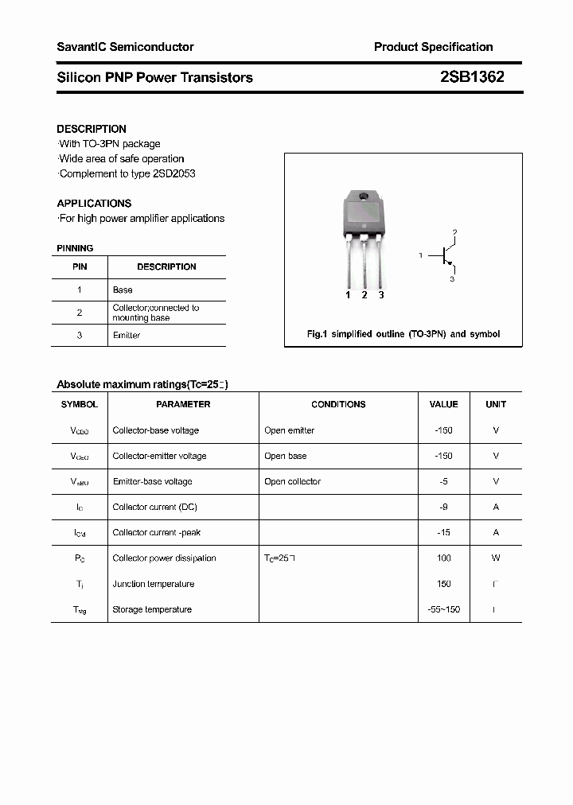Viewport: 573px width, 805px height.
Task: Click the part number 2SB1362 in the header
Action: click(x=472, y=77)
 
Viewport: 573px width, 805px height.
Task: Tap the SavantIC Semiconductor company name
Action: click(x=125, y=47)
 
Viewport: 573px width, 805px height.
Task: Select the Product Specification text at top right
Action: click(x=433, y=47)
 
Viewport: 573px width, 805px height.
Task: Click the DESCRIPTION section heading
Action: click(x=92, y=129)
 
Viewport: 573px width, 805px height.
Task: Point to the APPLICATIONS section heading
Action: click(x=94, y=203)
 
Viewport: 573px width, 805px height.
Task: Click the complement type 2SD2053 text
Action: click(x=173, y=173)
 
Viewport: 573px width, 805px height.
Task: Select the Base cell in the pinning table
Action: click(x=123, y=290)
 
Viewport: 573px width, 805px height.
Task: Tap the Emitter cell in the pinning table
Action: click(x=127, y=335)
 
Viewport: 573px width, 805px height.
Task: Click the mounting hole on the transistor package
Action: click(x=364, y=197)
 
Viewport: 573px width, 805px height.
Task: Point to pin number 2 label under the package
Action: click(x=364, y=295)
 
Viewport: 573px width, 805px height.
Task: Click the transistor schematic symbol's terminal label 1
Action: click(x=420, y=255)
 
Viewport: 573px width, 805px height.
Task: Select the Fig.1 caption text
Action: click(x=403, y=334)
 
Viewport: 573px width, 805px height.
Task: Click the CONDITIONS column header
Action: click(x=338, y=404)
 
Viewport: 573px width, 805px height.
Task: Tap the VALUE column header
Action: click(x=443, y=404)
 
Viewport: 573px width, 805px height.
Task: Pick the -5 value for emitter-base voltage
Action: click(x=444, y=481)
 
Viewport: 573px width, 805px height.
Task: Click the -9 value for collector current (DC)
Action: click(x=444, y=507)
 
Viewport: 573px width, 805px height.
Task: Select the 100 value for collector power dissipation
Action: click(x=444, y=558)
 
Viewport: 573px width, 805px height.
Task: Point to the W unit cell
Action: click(x=496, y=558)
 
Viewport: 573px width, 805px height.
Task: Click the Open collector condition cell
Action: click(x=292, y=481)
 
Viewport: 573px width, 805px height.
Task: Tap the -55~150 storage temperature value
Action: click(x=444, y=609)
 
